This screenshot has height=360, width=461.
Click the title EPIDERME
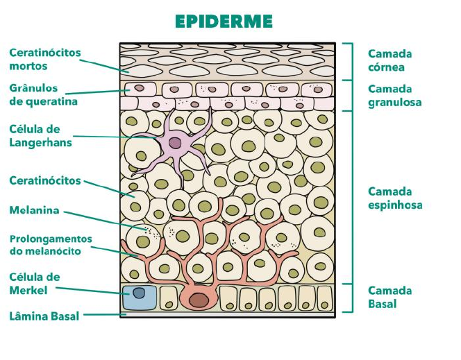(224, 22)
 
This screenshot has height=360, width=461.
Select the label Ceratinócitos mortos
(45, 60)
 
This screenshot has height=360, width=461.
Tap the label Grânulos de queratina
(43, 95)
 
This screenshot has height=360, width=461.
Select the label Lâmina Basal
(44, 317)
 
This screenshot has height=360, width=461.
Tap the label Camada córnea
(389, 60)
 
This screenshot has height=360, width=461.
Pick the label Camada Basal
(389, 298)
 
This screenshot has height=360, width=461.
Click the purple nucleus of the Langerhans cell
(175, 143)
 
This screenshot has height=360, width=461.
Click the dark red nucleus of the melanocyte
(199, 300)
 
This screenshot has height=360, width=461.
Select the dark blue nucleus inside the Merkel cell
(139, 293)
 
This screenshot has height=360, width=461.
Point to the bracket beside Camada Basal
(352, 298)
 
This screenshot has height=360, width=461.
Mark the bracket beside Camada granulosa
(352, 95)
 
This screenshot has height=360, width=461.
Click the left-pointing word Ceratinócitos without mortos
(45, 180)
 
